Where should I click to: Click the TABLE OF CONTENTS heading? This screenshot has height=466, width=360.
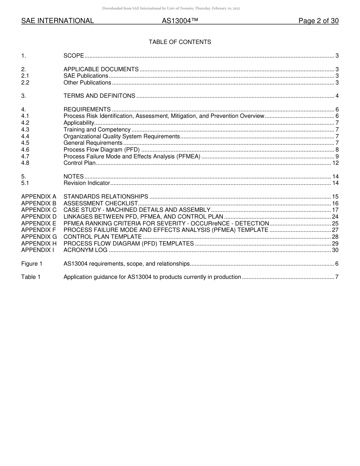click(x=180, y=42)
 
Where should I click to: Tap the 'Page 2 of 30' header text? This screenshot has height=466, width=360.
click(x=318, y=21)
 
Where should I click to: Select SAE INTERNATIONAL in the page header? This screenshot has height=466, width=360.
click(x=58, y=21)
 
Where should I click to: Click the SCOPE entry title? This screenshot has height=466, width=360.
click(x=74, y=56)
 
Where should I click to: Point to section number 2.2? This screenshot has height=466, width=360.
click(x=25, y=83)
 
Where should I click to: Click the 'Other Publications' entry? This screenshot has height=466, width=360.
click(x=87, y=83)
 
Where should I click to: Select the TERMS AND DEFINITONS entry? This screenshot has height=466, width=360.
click(x=99, y=96)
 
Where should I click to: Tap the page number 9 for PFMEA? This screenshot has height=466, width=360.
click(x=337, y=156)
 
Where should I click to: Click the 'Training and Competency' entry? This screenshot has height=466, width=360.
click(x=97, y=130)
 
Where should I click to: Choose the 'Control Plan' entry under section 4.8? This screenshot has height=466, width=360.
click(x=80, y=163)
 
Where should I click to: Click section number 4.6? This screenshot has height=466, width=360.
click(x=25, y=150)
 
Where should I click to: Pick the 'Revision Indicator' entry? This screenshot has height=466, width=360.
click(x=87, y=183)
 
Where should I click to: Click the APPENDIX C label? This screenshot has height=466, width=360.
click(x=39, y=210)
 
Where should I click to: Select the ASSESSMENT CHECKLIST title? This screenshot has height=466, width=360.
click(x=101, y=203)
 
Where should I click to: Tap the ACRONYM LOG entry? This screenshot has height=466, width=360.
click(x=85, y=250)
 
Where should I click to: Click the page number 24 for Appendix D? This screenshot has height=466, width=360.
click(x=335, y=217)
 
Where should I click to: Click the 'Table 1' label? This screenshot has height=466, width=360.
click(x=31, y=277)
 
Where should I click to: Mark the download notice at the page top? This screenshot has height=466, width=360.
click(x=171, y=8)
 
